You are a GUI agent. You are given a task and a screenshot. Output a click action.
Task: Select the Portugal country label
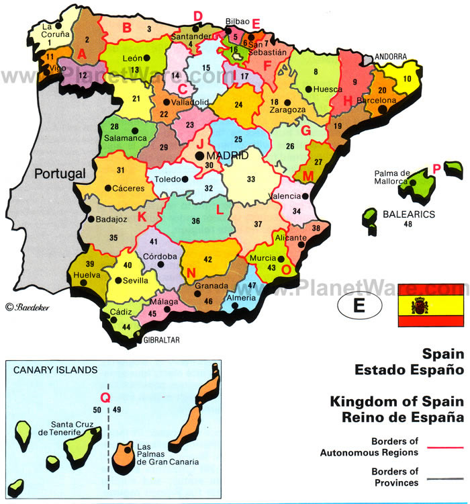pos(60,173)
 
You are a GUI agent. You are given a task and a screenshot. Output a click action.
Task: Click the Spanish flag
pos(430,304)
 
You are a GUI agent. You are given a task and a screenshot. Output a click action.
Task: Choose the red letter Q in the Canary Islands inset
pos(104,397)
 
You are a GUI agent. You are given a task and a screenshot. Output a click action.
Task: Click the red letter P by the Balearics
pos(436,169)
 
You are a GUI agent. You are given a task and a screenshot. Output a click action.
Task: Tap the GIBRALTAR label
pos(162,340)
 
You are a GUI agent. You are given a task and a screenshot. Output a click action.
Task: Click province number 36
pos(196,220)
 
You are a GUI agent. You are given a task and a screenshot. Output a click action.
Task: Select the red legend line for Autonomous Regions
pos(440,446)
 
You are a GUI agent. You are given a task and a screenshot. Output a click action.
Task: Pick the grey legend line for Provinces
pos(440,476)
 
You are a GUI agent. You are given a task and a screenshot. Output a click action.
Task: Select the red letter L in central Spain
pos(220,208)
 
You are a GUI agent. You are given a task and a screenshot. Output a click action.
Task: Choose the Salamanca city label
pos(125,138)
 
